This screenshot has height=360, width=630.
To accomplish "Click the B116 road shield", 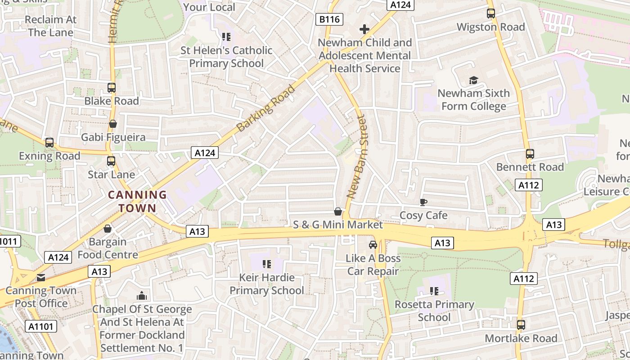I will click(329, 19).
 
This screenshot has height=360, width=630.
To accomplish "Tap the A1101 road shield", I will click(40, 326).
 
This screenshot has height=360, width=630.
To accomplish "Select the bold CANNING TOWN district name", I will click(137, 201).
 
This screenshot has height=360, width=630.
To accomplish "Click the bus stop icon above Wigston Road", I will click(491, 13).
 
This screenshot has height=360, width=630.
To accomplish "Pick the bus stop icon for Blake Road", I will click(112, 88).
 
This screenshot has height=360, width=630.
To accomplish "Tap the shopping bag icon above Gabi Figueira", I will click(113, 124).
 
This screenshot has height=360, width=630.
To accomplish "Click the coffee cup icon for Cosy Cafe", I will click(423, 202).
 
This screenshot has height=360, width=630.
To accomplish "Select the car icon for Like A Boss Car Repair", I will click(373, 245).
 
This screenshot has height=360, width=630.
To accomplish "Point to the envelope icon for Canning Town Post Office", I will click(41, 277).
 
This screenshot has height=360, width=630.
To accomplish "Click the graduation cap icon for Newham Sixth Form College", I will click(473, 80).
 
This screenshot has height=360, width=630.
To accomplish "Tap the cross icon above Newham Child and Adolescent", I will click(364, 30).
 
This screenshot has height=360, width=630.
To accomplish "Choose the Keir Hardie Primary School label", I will click(267, 284).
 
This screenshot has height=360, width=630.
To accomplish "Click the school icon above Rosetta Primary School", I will click(434, 291).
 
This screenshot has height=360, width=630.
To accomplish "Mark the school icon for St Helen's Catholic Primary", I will click(226, 37).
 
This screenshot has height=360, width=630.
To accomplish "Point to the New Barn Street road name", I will click(356, 157).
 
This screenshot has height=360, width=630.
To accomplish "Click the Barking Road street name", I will click(266, 108).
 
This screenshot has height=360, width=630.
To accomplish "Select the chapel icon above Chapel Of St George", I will click(142, 296).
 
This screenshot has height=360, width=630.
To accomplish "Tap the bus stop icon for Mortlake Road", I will click(521, 324).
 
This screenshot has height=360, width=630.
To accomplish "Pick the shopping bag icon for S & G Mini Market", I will click(338, 211).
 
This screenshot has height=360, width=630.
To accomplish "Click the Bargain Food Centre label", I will click(108, 248).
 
